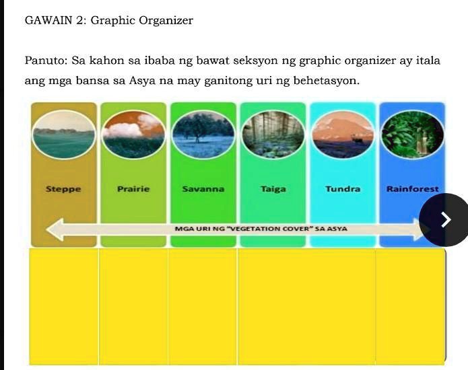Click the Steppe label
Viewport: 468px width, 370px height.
click(x=63, y=190)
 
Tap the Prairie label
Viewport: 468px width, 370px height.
click(x=133, y=189)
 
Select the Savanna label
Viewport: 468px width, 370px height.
click(x=203, y=190)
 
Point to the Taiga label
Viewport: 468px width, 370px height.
click(x=273, y=190)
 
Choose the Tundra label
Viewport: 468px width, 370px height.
click(x=343, y=189)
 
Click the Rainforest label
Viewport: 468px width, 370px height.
click(x=412, y=190)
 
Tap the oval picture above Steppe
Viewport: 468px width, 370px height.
click(x=63, y=135)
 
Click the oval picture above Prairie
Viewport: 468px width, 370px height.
click(x=133, y=135)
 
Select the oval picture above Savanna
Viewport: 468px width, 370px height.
click(x=203, y=135)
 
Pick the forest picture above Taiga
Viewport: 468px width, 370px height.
click(x=273, y=135)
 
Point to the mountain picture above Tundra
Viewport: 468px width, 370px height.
click(x=343, y=135)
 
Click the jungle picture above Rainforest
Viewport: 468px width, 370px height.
click(x=413, y=135)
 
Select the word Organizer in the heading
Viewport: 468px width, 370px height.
click(x=166, y=21)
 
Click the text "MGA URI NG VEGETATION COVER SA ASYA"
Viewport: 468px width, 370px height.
click(x=261, y=229)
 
